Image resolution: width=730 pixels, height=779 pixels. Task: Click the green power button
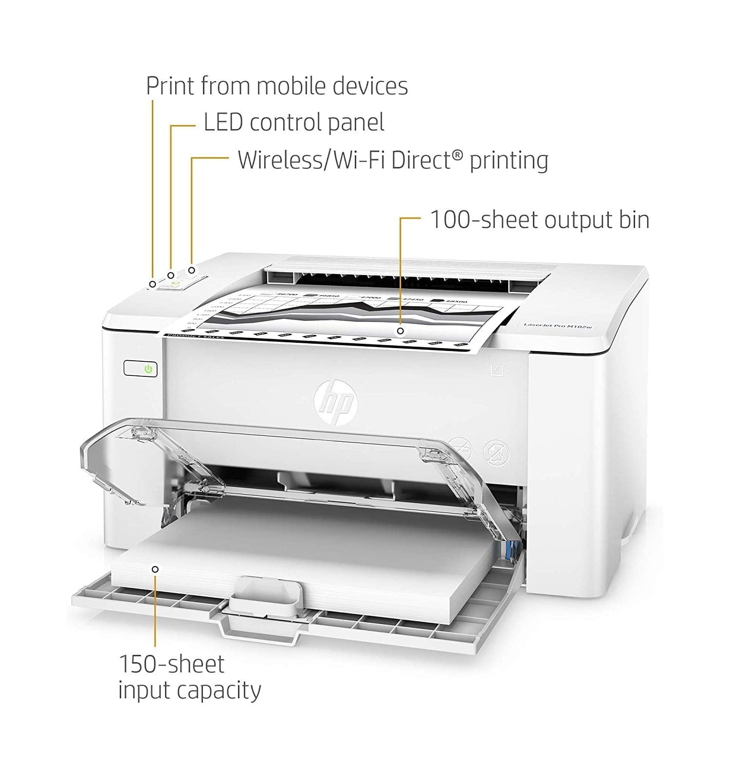coord(148,369)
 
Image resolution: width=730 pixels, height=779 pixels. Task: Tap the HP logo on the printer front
coord(335,402)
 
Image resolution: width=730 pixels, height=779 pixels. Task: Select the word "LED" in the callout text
coord(223,122)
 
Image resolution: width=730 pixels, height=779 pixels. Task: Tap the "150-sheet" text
coord(172,664)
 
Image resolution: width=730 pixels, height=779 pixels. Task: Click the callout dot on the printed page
coord(400,331)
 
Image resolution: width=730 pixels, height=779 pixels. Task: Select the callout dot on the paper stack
coord(155,569)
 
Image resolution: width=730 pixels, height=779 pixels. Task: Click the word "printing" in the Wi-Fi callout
coord(509,160)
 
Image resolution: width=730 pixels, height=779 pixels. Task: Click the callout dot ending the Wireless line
coord(192,270)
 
